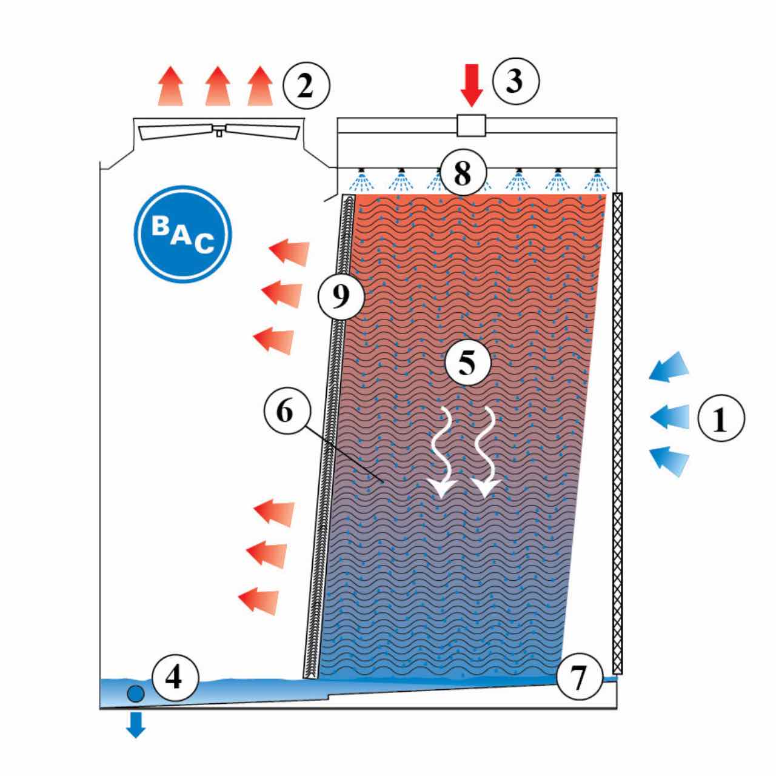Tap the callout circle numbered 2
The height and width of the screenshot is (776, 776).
tap(306, 85)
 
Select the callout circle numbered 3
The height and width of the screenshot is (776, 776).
tap(516, 81)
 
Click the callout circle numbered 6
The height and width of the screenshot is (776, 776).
tap(287, 411)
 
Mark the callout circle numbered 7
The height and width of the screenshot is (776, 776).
tap(580, 677)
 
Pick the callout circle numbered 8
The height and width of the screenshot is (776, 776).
tap(463, 172)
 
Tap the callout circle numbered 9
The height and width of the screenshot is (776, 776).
tap(341, 297)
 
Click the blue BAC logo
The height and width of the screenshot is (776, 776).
tap(183, 234)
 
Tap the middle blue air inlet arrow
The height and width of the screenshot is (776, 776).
tap(670, 417)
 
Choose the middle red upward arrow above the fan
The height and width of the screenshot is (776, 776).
tap(218, 85)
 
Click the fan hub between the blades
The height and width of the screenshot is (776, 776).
tap(219, 130)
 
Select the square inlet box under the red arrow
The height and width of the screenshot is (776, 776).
tap(471, 125)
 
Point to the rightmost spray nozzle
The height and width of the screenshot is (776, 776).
tap(598, 172)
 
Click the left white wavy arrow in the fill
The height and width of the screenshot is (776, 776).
tap(444, 453)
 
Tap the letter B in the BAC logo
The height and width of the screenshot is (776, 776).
tap(160, 226)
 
